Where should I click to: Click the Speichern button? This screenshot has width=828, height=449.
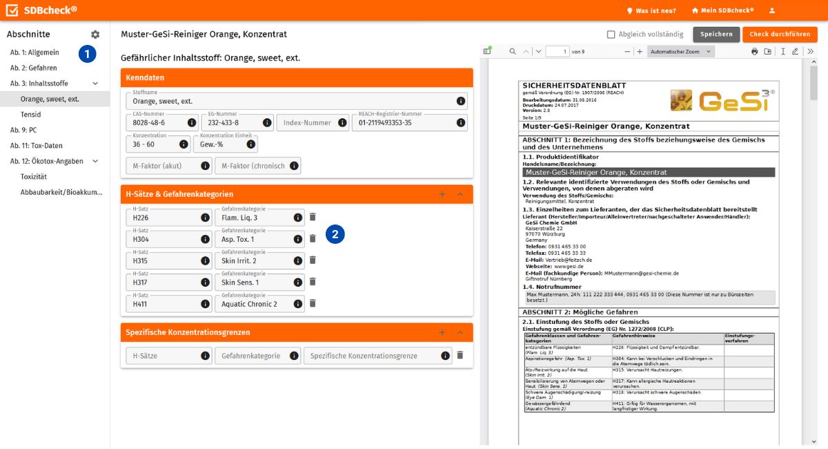716,35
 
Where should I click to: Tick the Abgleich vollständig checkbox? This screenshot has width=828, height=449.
611,35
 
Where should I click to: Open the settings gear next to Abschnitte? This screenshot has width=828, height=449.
95,35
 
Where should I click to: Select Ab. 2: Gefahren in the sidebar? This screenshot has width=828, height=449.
33,68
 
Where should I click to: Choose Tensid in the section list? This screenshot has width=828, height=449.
30,115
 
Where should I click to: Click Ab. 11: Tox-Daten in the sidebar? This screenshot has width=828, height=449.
36,146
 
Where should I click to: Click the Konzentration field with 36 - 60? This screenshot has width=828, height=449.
153,144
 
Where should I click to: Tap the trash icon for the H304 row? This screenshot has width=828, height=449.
312,238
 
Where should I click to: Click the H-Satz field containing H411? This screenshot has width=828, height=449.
164,304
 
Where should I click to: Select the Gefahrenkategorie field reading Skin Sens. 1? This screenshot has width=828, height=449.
253,282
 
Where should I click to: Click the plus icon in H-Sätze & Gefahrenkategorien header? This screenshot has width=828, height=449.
442,194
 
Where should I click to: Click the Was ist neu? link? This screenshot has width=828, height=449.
651,10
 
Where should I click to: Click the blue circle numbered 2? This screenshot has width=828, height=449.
335,234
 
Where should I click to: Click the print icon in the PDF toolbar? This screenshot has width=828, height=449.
754,52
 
